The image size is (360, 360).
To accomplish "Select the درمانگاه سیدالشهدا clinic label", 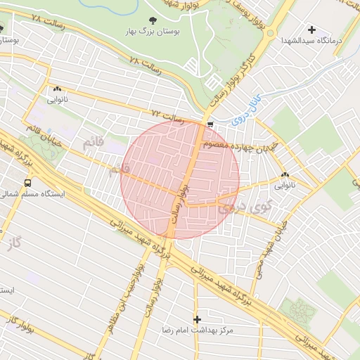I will tap(311, 40).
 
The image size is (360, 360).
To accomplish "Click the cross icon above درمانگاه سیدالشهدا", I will tap(311, 30).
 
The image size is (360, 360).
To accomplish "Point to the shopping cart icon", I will tap(210, 124).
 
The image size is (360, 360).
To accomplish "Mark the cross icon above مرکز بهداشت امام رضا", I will tap(197, 319).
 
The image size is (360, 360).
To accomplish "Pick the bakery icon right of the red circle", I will tap(285, 175).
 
